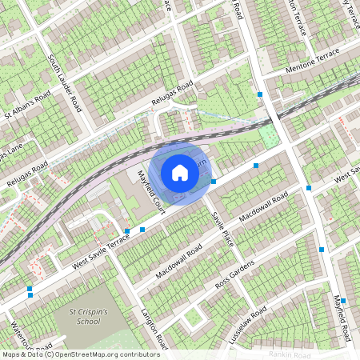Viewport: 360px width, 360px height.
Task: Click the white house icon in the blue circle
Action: [x=180, y=172]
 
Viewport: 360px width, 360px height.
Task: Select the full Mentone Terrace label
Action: [x=313, y=62]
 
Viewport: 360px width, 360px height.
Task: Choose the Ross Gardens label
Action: [x=234, y=274]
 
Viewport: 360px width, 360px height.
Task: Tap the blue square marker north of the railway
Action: [x=259, y=94]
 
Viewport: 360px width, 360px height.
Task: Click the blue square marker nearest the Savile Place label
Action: [x=214, y=182]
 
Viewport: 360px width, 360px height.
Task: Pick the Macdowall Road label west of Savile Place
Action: [x=178, y=262]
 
